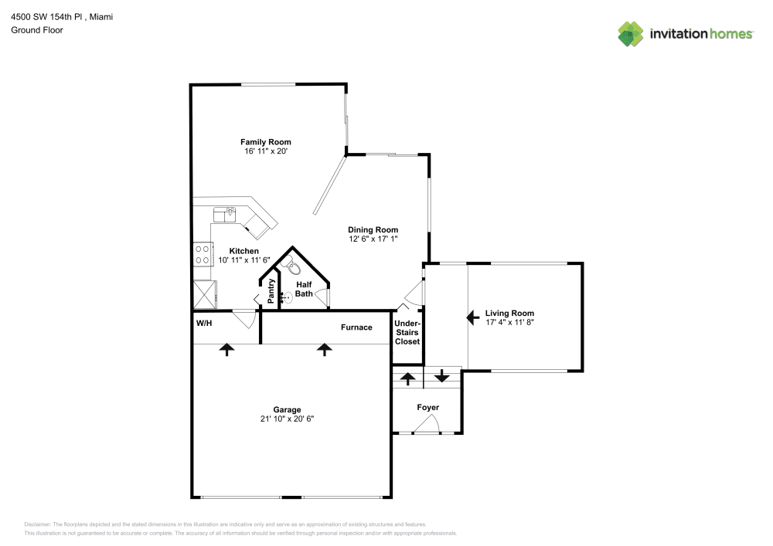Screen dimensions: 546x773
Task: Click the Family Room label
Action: point(265,142)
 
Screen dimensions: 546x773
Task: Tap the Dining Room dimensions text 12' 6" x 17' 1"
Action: point(373,239)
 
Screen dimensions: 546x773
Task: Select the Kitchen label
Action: point(243,251)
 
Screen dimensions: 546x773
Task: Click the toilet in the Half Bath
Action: point(292,267)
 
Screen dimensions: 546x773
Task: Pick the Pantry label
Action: point(271,290)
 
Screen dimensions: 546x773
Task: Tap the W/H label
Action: point(204,323)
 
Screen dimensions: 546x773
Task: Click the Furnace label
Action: point(356,327)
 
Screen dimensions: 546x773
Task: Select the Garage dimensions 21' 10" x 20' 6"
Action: point(287,419)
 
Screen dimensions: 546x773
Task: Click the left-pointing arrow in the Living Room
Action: point(471,317)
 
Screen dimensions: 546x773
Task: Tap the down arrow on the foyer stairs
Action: point(441,377)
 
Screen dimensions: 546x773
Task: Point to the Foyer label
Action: point(427,407)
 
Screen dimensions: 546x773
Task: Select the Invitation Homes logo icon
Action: point(630,33)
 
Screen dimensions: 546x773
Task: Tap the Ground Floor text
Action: point(36,30)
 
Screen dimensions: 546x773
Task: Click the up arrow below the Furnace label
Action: point(324,350)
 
